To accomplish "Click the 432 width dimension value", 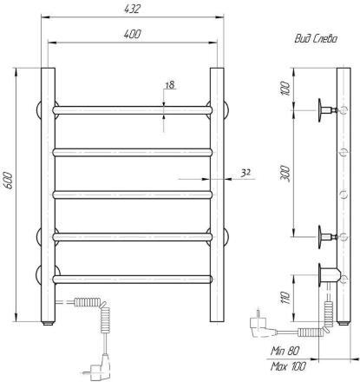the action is pyautogui.click(x=132, y=9).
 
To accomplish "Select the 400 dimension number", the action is pyautogui.click(x=132, y=34).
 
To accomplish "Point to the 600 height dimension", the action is pyautogui.click(x=9, y=181).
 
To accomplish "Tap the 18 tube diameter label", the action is pyautogui.click(x=170, y=85).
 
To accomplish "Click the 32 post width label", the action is pyautogui.click(x=245, y=173).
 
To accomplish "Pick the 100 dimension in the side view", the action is pyautogui.click(x=285, y=89).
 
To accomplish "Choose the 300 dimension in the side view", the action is pyautogui.click(x=285, y=174).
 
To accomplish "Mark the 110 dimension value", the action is pyautogui.click(x=285, y=298).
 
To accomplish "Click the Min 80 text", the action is pyautogui.click(x=285, y=351).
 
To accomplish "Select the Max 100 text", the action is pyautogui.click(x=288, y=366).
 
